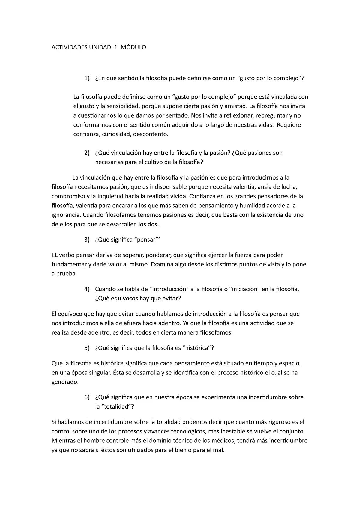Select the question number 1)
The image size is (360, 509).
87,79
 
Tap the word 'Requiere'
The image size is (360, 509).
289,125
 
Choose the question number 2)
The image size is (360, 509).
87,153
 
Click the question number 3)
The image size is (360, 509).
87,240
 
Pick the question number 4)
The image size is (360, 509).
87,289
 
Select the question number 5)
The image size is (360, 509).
87,348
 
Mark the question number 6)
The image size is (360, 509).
87,397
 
